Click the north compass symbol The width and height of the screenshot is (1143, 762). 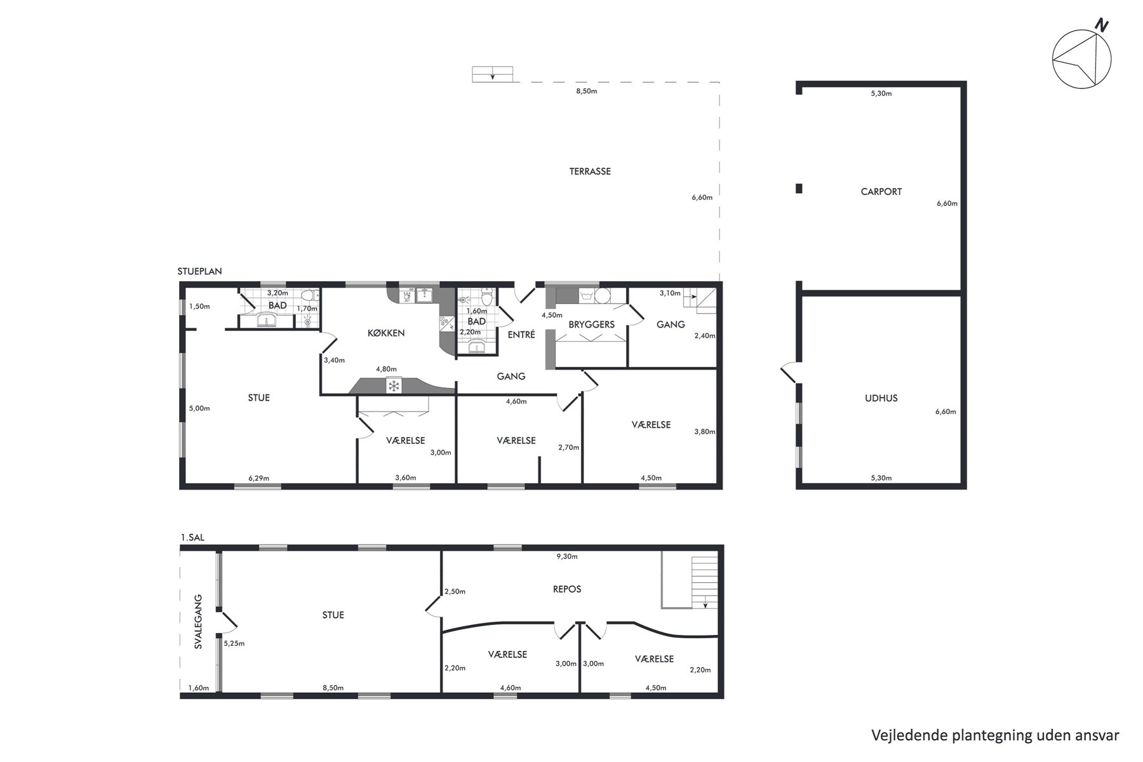click(1082, 58)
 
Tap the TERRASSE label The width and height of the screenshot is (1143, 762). click(590, 171)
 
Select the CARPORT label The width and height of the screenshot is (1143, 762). click(881, 192)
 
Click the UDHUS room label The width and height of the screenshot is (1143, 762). click(881, 399)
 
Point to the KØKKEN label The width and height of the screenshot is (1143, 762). click(386, 333)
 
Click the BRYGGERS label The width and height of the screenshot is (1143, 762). click(591, 324)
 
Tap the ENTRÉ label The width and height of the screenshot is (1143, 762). click(521, 335)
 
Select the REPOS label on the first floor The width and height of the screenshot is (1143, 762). click(567, 589)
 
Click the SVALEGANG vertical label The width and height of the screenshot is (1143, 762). click(198, 621)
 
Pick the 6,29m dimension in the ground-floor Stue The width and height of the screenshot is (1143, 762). click(258, 478)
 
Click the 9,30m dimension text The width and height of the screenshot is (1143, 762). click(567, 557)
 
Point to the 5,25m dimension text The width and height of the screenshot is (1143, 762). click(234, 643)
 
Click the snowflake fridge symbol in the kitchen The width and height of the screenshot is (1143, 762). click(394, 385)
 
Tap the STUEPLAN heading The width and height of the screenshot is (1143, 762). click(200, 271)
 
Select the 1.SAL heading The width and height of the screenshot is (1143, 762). click(193, 537)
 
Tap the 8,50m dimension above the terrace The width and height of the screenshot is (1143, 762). click(586, 91)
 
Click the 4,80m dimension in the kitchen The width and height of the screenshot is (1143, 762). click(386, 370)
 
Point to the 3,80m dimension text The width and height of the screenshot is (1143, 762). click(705, 432)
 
